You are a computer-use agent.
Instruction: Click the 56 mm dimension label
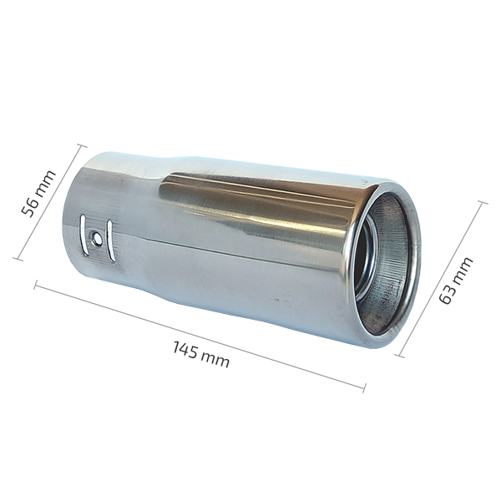(x=38, y=194)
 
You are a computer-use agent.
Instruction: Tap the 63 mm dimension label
(x=456, y=281)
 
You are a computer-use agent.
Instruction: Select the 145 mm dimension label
(x=201, y=355)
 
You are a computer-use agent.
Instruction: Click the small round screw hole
(x=97, y=238)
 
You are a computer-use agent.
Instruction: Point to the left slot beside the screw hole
(x=83, y=235)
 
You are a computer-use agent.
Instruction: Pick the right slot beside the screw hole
(x=110, y=240)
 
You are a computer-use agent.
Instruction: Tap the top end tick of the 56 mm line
(x=81, y=145)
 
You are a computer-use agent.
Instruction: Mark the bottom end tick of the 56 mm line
(x=18, y=259)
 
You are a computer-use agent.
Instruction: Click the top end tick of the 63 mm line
(x=482, y=203)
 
